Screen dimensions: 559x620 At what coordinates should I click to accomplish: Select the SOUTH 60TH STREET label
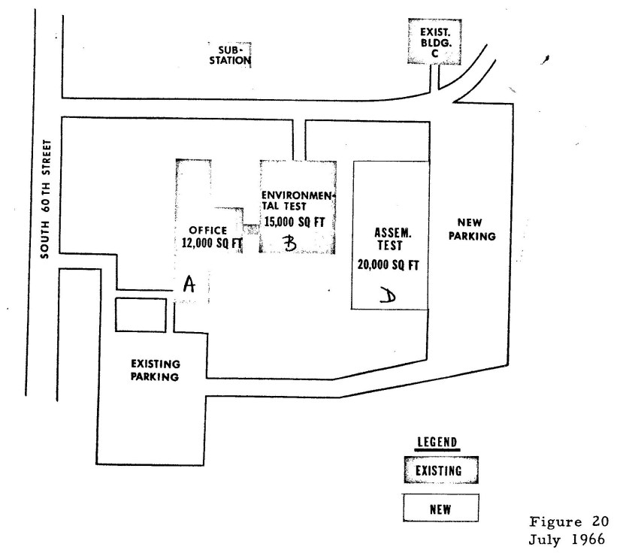(46, 198)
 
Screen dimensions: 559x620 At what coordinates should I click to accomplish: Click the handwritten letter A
(189, 284)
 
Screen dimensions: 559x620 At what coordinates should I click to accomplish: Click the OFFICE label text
(208, 230)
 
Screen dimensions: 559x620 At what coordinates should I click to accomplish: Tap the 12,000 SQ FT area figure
(209, 242)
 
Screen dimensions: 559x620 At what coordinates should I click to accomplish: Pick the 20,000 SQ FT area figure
(389, 264)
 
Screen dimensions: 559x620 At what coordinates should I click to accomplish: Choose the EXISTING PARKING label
(154, 370)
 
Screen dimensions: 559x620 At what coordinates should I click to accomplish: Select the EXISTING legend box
(440, 470)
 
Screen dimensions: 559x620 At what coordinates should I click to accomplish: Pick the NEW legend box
(440, 508)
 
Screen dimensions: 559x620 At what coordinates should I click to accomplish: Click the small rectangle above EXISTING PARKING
(141, 315)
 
